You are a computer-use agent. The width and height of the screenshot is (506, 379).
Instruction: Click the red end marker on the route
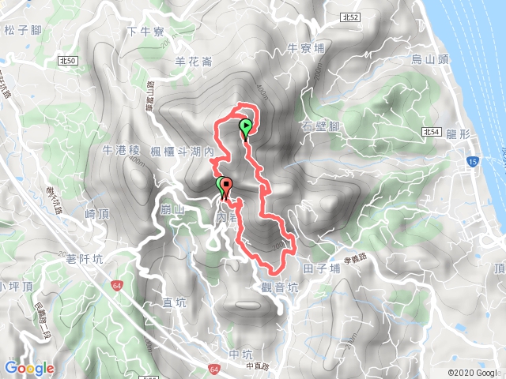pos(228,188)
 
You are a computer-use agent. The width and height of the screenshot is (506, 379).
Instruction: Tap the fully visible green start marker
pos(246,126)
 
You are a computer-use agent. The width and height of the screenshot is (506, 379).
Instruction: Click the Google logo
pos(29,368)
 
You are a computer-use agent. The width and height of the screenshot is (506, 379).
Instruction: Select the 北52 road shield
pos(329,16)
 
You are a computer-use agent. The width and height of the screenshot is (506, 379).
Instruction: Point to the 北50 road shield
pos(67,61)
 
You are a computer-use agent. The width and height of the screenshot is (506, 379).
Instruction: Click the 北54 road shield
pos(432,133)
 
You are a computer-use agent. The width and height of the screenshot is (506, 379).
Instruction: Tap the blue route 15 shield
pos(472,161)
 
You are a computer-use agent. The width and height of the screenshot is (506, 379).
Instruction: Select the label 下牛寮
pos(145,32)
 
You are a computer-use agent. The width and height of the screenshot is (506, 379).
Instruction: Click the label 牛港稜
pos(121,149)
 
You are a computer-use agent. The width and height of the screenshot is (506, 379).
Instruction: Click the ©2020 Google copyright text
pos(473,373)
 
